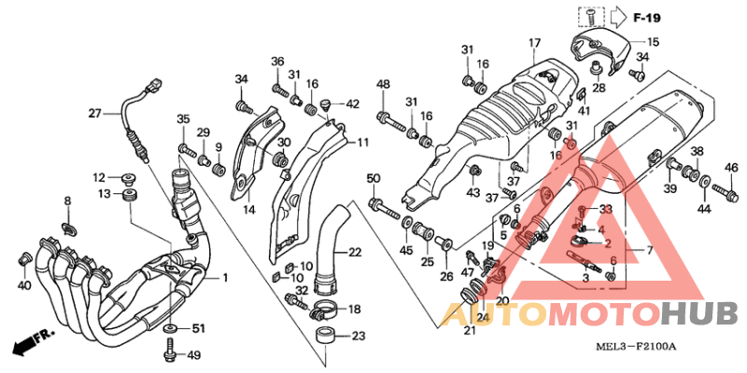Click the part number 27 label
[95, 113]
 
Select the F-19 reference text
[646, 19]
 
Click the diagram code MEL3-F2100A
[637, 346]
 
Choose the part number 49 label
[193, 355]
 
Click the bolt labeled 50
[384, 209]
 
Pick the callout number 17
[534, 43]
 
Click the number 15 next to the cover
[653, 42]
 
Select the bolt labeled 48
[392, 121]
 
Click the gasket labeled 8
[69, 228]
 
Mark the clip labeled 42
[326, 105]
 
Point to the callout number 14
[250, 208]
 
